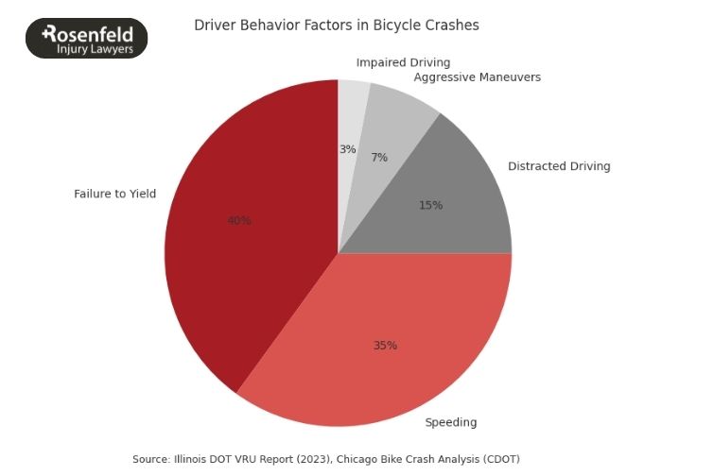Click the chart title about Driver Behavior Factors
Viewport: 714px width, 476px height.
click(x=337, y=25)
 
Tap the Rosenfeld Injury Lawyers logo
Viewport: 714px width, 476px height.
click(x=86, y=39)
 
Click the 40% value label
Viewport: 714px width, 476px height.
click(x=239, y=220)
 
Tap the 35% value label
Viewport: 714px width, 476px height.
click(x=385, y=346)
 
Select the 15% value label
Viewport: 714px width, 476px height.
click(x=430, y=205)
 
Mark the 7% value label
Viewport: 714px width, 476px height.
click(x=379, y=158)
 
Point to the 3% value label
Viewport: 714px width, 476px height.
click(x=347, y=149)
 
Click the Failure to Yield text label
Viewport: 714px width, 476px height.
click(x=114, y=194)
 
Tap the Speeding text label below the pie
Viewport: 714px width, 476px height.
click(x=450, y=422)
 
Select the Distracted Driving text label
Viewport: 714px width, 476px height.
click(x=559, y=166)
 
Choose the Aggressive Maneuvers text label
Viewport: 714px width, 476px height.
click(x=477, y=77)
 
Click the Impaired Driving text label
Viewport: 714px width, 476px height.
click(x=403, y=62)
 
